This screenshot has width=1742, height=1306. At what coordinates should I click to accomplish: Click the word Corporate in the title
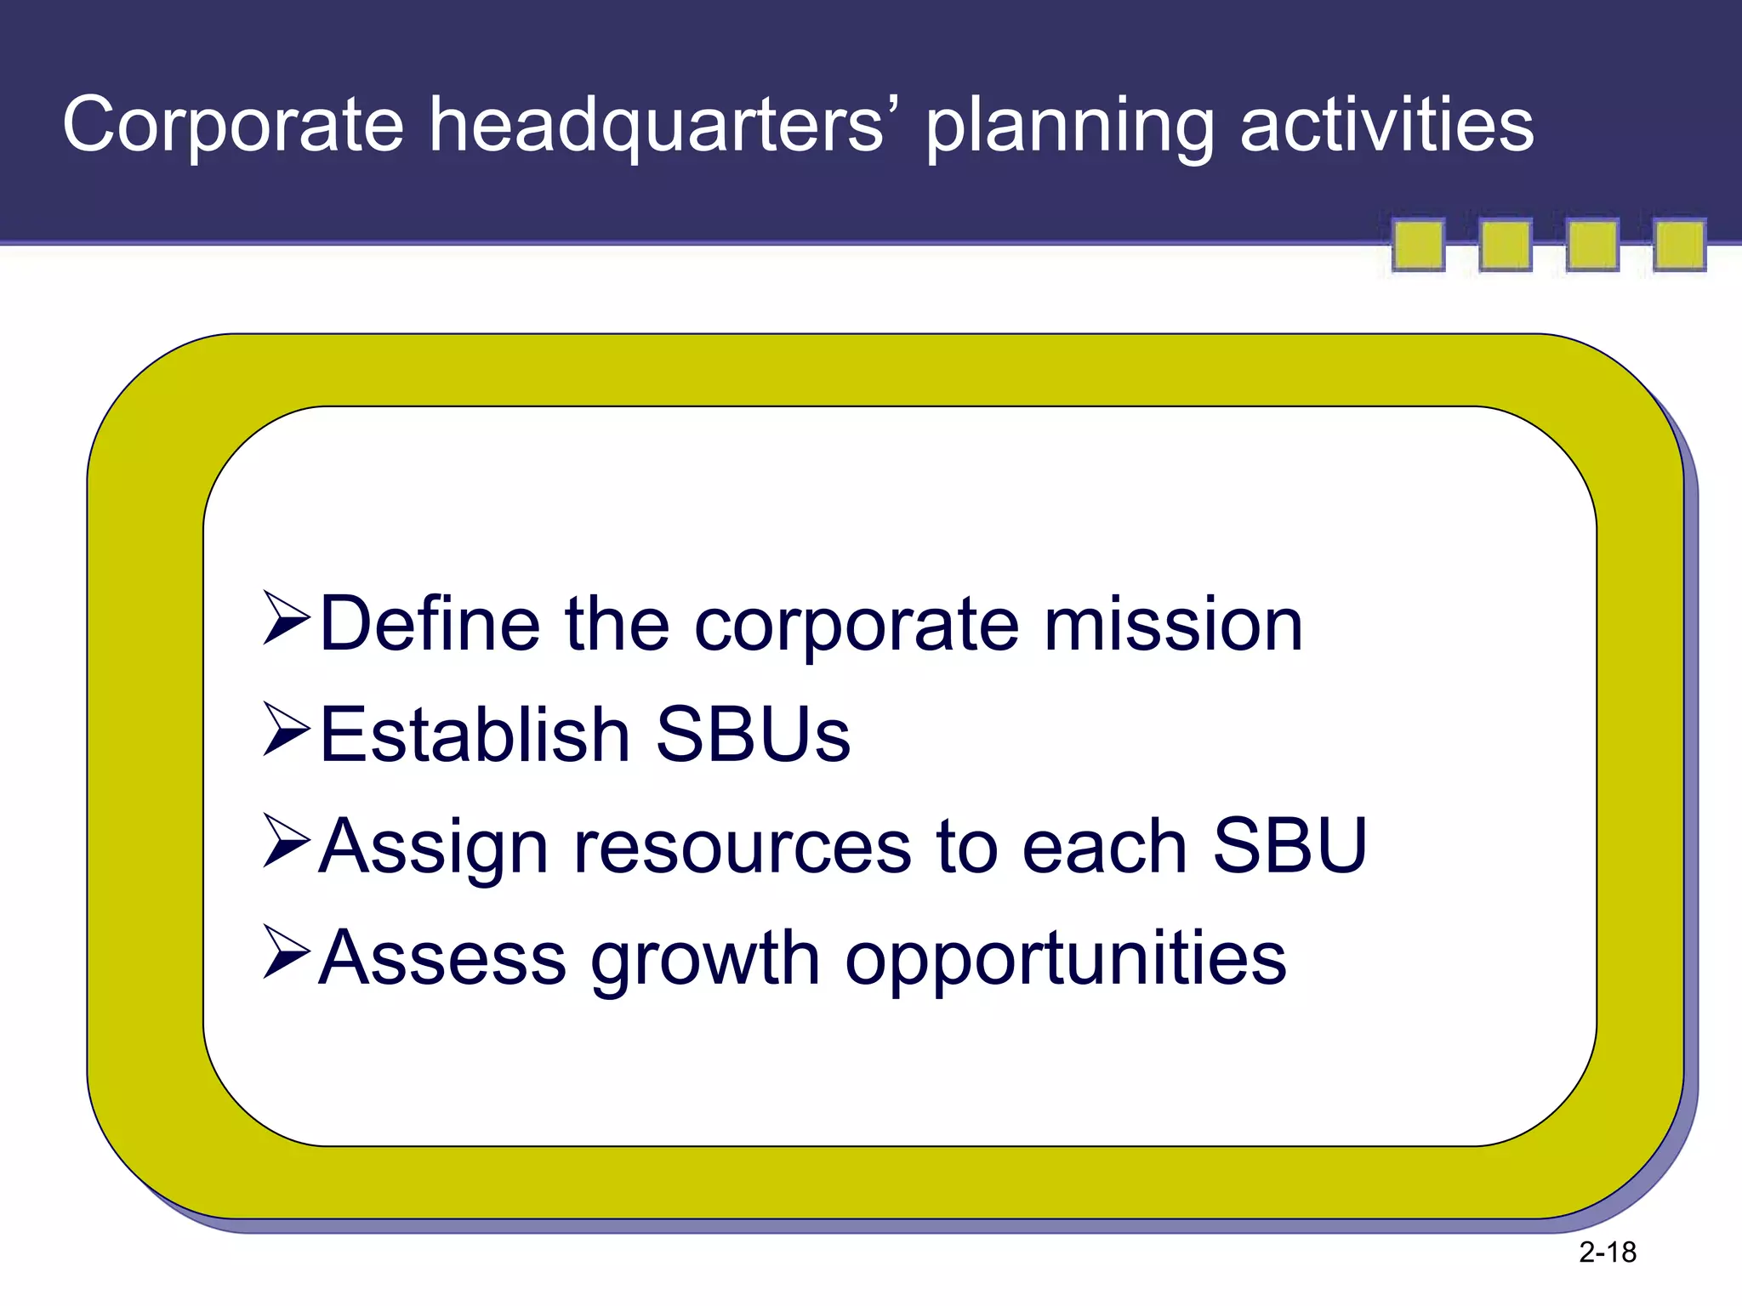tap(232, 126)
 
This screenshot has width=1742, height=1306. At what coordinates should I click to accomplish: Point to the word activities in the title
tap(1386, 126)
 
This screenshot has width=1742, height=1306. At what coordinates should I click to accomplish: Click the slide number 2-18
tap(1607, 1252)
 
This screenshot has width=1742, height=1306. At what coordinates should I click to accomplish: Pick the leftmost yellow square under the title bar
tap(1418, 246)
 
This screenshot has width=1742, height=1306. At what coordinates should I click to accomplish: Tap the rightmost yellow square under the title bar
tap(1679, 246)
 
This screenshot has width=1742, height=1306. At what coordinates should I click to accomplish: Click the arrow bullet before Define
tap(286, 618)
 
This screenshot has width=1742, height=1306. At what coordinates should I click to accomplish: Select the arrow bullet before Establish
tap(286, 729)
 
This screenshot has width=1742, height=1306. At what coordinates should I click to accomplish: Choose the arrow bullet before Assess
tap(286, 951)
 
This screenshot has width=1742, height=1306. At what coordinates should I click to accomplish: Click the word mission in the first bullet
tap(1173, 625)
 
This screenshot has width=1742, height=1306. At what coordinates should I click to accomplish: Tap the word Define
tap(430, 625)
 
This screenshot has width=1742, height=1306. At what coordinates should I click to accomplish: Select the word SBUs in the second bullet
tap(753, 735)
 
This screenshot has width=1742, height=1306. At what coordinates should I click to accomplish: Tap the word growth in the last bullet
tap(705, 959)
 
